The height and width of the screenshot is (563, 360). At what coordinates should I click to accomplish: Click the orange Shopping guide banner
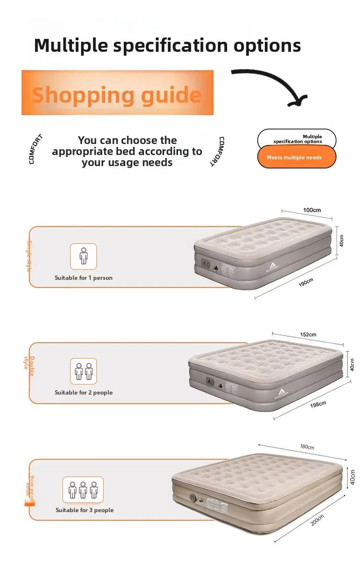pos(117,93)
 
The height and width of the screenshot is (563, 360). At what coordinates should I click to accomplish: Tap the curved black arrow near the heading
pos(274,86)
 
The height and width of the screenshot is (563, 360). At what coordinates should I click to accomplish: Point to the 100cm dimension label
pos(312,210)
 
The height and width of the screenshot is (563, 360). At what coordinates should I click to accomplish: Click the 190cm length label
pos(306,282)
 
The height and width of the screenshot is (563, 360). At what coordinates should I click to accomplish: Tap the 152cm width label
pos(308,335)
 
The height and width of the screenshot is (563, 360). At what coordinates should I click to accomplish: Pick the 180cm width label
pos(307,447)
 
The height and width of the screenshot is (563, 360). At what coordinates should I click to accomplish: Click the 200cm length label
pos(317,520)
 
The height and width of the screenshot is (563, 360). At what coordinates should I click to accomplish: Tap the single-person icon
pos(84,256)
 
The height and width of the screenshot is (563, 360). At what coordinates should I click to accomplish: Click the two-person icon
pos(84,371)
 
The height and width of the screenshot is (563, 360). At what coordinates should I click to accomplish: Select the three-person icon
pos(83,490)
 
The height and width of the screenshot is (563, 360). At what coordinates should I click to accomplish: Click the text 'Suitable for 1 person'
pos(84,278)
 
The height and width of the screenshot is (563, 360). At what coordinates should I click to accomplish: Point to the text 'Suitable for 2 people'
pos(84,393)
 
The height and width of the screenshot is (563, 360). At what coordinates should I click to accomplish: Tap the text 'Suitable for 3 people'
pos(84,510)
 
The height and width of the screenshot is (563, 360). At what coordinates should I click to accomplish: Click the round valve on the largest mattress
pos(193,498)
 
